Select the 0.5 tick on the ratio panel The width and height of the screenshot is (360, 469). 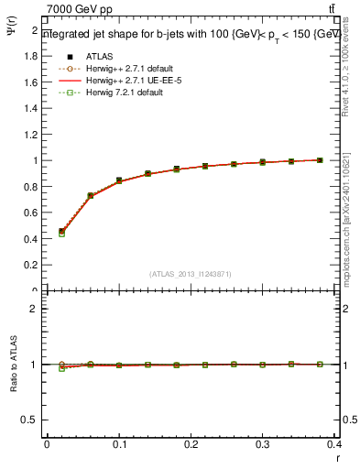click(32, 420)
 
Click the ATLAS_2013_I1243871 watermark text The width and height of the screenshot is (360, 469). click(191, 274)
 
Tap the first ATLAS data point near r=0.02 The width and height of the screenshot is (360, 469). click(61, 232)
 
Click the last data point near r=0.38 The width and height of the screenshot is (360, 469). click(320, 160)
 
